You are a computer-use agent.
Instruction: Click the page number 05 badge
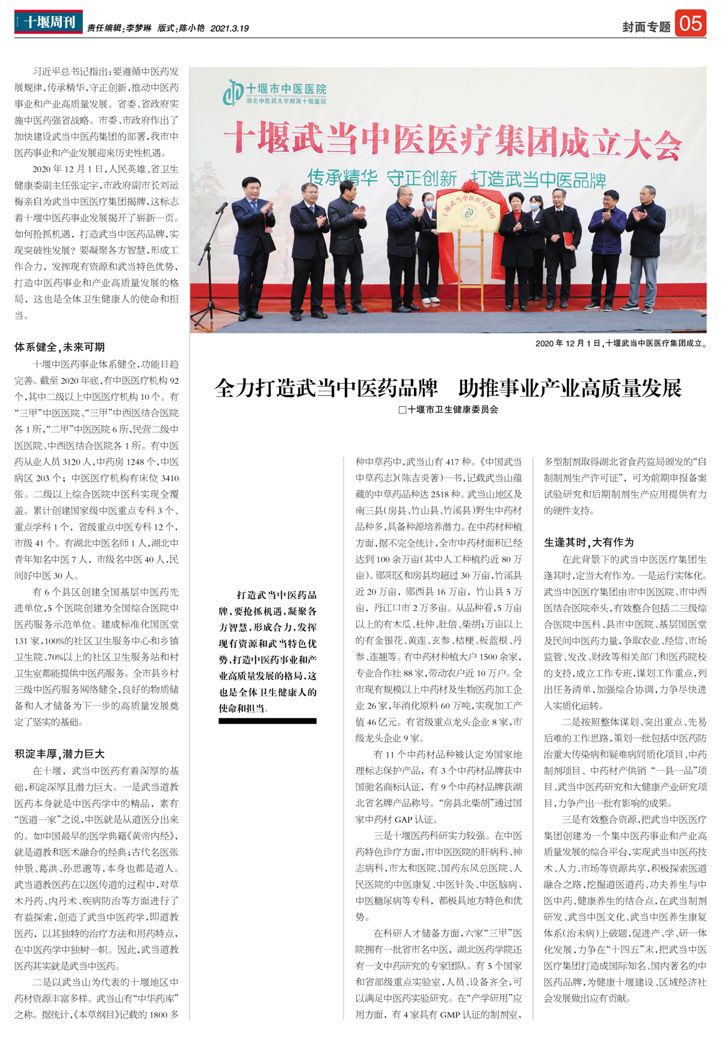pyautogui.click(x=690, y=23)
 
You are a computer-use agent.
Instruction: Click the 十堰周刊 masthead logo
pyautogui.click(x=48, y=22)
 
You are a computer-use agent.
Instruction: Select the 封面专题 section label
pyautogui.click(x=646, y=27)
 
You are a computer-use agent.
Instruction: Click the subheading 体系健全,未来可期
pyautogui.click(x=60, y=347)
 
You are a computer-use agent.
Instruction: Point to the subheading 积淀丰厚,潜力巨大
pyautogui.click(x=60, y=754)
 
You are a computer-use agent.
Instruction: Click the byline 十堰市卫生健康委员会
pyautogui.click(x=448, y=410)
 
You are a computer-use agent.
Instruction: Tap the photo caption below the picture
pyautogui.click(x=621, y=344)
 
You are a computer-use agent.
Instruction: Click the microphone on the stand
pyautogui.click(x=220, y=209)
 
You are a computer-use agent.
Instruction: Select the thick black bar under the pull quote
pyautogui.click(x=267, y=720)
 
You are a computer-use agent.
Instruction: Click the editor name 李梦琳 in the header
pyautogui.click(x=139, y=28)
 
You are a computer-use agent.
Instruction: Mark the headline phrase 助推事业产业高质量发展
pyautogui.click(x=570, y=388)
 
